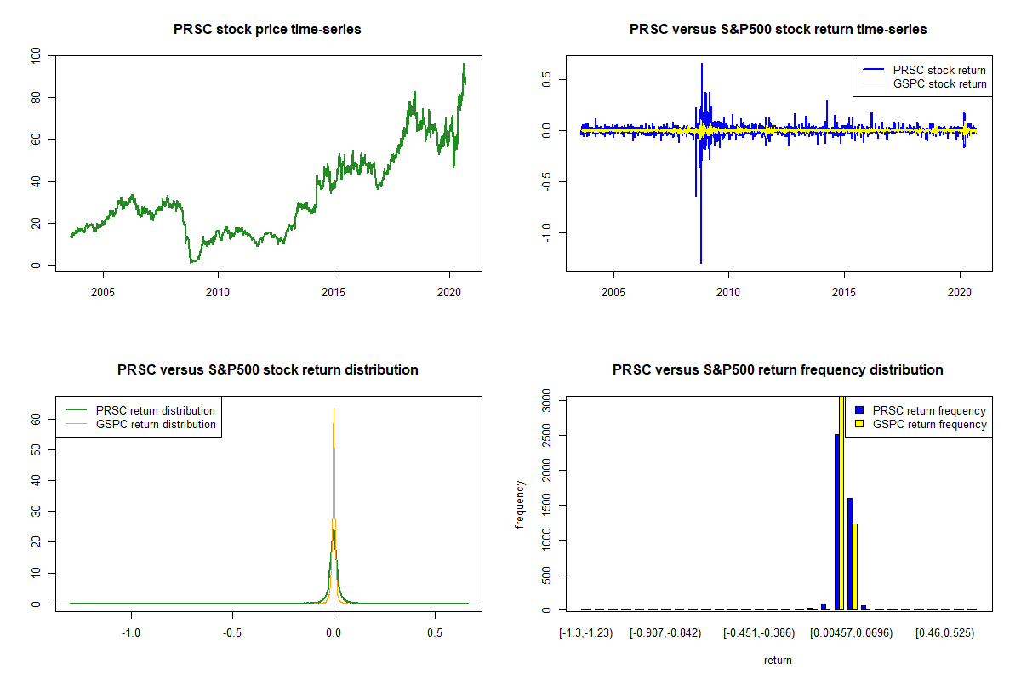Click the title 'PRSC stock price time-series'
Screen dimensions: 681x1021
pyautogui.click(x=268, y=30)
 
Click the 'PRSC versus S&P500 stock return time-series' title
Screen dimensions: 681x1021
pyautogui.click(x=778, y=30)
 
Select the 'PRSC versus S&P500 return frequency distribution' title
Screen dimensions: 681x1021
pyautogui.click(x=778, y=370)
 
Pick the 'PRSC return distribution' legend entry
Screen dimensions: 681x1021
pyautogui.click(x=156, y=410)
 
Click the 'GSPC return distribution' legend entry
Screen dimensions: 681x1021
pyautogui.click(x=156, y=424)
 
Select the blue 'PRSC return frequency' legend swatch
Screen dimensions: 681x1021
pyautogui.click(x=861, y=410)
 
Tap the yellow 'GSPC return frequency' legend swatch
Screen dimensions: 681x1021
pyautogui.click(x=861, y=424)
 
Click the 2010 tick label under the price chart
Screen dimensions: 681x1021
pyautogui.click(x=218, y=289)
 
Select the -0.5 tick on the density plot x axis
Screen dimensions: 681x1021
pyautogui.click(x=232, y=633)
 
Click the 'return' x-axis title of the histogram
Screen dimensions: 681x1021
pyautogui.click(x=778, y=660)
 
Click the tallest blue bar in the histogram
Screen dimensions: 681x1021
pyautogui.click(x=837, y=522)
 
